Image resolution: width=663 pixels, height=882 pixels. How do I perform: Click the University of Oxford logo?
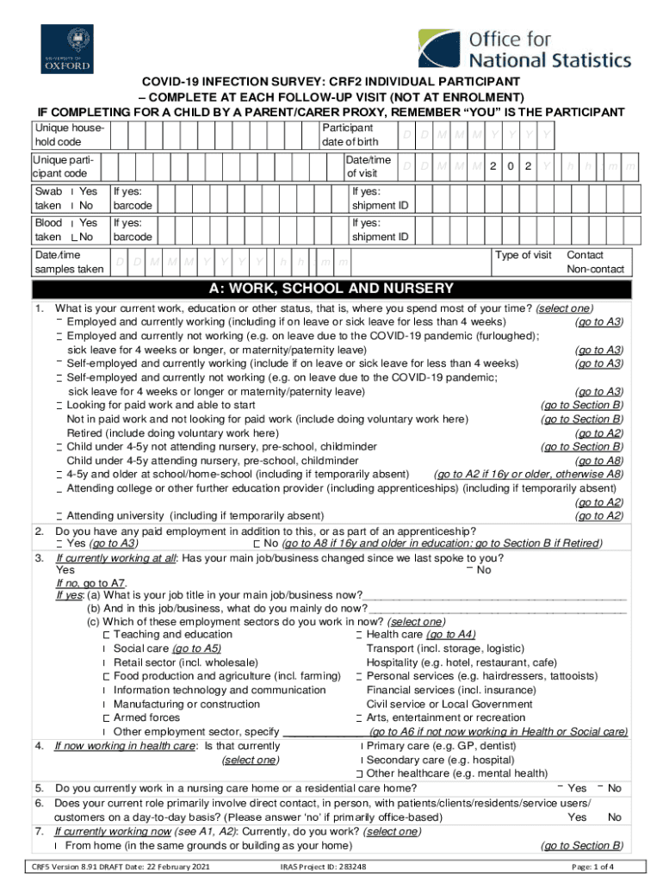[x=67, y=48]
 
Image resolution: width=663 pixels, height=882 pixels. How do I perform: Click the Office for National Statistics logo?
[x=524, y=49]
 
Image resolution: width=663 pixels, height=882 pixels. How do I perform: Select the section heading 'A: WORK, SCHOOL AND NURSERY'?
[x=331, y=289]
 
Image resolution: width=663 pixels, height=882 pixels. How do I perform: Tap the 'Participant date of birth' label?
[x=350, y=134]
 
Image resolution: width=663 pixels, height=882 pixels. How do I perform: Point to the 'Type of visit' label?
[x=524, y=256]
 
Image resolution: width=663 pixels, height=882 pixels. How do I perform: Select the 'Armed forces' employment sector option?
[x=146, y=717]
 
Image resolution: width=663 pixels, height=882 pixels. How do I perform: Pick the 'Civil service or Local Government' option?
[x=449, y=704]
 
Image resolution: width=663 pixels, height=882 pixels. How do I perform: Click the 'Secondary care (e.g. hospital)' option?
[x=440, y=760]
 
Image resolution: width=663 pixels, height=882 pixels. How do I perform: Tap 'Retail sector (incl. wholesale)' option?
[x=185, y=662]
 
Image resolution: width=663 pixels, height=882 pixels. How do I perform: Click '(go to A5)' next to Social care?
[x=196, y=649]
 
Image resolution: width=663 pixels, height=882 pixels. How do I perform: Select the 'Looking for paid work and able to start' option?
[x=161, y=406]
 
